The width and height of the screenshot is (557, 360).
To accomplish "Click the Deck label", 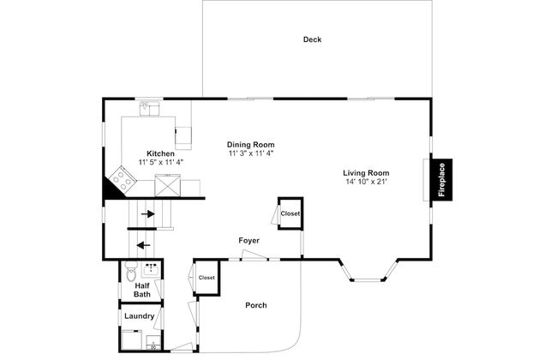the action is pyautogui.click(x=312, y=39).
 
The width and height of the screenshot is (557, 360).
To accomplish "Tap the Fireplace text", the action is pyautogui.click(x=441, y=179).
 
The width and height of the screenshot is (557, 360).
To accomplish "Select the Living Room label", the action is pyautogui.click(x=366, y=173).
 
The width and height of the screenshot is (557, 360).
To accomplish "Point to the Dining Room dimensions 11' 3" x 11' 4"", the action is pyautogui.click(x=251, y=153).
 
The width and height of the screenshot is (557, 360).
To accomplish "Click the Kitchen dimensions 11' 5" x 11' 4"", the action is pyautogui.click(x=160, y=162).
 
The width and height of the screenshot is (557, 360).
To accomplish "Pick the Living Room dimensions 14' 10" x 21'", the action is pyautogui.click(x=366, y=182).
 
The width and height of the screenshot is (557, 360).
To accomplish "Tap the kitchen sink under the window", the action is pyautogui.click(x=150, y=108).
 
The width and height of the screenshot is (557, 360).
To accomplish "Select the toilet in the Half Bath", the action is pyautogui.click(x=131, y=272).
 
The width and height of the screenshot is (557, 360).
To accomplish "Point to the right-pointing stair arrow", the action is pyautogui.click(x=148, y=214).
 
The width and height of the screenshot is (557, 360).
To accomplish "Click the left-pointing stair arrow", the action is pyautogui.click(x=143, y=245).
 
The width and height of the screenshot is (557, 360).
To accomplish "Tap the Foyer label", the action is pyautogui.click(x=249, y=241).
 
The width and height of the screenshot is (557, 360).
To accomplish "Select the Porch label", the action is pyautogui.click(x=255, y=305).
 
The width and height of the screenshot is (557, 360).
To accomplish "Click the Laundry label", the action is pyautogui.click(x=139, y=316).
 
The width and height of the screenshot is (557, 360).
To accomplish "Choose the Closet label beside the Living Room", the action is pyautogui.click(x=290, y=213).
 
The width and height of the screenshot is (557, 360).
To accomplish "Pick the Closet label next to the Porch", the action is pyautogui.click(x=207, y=278).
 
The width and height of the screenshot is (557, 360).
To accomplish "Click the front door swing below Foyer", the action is pyautogui.click(x=254, y=255).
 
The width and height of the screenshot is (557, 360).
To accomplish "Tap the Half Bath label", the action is pyautogui.click(x=142, y=290).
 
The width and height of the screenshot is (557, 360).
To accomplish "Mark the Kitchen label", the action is pyautogui.click(x=160, y=153).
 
